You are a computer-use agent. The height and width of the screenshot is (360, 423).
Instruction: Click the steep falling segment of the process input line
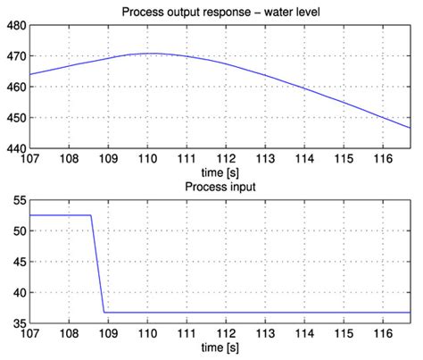point(97,264)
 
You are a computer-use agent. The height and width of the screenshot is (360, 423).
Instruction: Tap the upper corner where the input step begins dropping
point(91,215)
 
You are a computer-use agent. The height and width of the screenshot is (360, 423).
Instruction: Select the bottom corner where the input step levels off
point(104,312)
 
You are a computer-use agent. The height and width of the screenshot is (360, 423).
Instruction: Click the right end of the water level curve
point(410,128)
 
